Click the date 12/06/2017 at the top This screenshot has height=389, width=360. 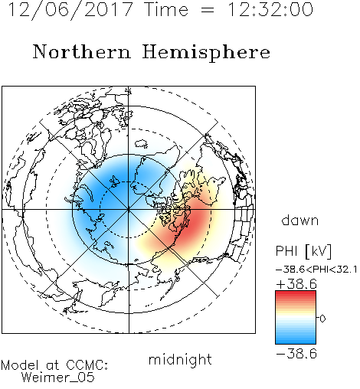pyautogui.click(x=70, y=10)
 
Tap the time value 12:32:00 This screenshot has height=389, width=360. pyautogui.click(x=270, y=9)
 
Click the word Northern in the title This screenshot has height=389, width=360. pyautogui.click(x=82, y=51)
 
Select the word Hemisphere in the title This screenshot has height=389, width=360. pyautogui.click(x=206, y=53)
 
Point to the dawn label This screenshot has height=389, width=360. pyautogui.click(x=300, y=220)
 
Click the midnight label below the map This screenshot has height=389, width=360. pyautogui.click(x=180, y=359)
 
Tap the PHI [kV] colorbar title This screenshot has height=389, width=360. pyautogui.click(x=303, y=251)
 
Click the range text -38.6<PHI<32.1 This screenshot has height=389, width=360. pyautogui.click(x=316, y=270)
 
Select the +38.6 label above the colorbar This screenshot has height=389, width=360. pyautogui.click(x=296, y=284)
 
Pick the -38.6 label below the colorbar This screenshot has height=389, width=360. pyautogui.click(x=296, y=354)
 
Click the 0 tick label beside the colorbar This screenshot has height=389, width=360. pyautogui.click(x=322, y=319)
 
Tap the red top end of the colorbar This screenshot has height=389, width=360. pyautogui.click(x=296, y=293)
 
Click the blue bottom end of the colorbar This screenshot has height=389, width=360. pyautogui.click(x=296, y=342)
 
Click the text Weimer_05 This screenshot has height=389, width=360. pyautogui.click(x=58, y=378)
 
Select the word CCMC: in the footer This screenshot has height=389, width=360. pyautogui.click(x=87, y=365)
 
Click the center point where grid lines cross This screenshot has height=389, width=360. pyautogui.click(x=129, y=210)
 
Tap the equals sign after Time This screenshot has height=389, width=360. pyautogui.click(x=208, y=10)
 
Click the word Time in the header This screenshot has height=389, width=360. pyautogui.click(x=166, y=9)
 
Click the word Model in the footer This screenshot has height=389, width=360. pyautogui.click(x=20, y=365)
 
